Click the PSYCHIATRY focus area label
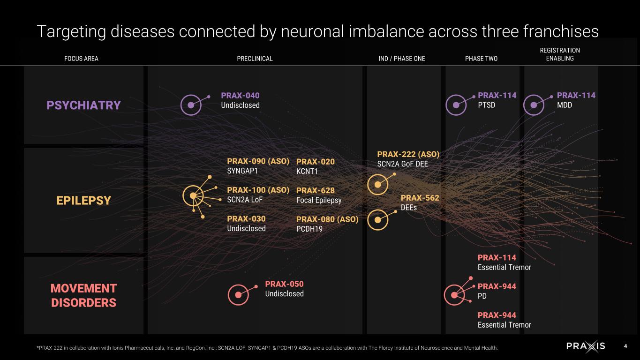click(84, 105)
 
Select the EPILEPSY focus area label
click(83, 200)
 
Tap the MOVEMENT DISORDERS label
click(84, 295)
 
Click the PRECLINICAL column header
click(255, 59)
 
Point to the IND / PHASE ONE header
click(402, 59)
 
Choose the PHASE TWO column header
click(481, 59)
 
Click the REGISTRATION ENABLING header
click(560, 54)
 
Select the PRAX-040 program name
click(240, 96)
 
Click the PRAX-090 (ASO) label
click(258, 161)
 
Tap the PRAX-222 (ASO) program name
click(408, 154)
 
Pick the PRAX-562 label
click(420, 198)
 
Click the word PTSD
click(486, 105)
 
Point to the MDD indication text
click(565, 105)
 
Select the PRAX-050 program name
click(284, 284)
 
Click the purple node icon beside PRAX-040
click(191, 105)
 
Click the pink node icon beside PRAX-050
click(238, 294)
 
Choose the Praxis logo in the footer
click(586, 346)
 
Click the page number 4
click(625, 346)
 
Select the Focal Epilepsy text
click(319, 200)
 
